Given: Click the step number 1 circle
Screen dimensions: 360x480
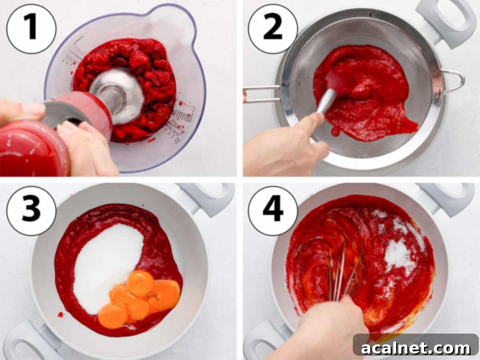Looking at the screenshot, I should tap(31, 29).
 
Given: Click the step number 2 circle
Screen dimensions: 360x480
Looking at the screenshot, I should tap(273, 29).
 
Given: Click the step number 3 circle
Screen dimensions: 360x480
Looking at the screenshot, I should tap(31, 211).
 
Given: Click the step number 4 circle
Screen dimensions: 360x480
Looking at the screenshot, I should tap(273, 211).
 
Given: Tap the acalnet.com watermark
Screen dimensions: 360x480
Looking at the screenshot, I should tap(416, 348).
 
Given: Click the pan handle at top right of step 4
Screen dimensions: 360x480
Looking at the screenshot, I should tap(444, 198).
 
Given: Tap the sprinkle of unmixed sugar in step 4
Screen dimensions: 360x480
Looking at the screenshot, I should tap(398, 252).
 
